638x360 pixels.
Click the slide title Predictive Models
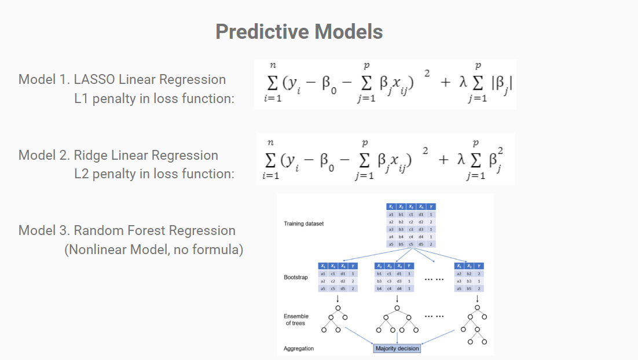299,31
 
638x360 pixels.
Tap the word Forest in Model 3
152,230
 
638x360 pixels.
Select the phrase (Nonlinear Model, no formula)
153,250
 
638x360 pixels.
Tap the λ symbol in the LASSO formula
462,83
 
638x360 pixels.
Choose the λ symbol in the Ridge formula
462,158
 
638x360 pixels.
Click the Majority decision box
397,348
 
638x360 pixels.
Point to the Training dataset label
304,223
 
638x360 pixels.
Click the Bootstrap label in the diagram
295,277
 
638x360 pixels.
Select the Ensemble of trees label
296,319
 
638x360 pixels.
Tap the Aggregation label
299,349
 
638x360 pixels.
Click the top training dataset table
411,226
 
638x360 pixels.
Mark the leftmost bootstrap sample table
338,277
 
